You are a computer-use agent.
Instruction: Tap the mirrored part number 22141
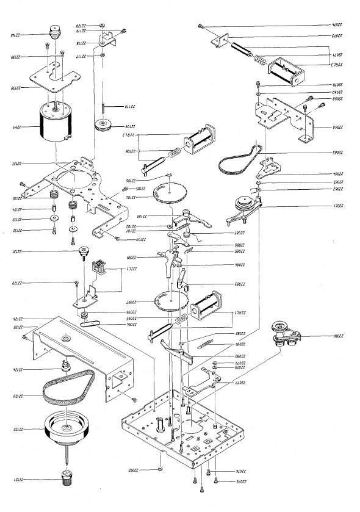[x=13, y=128]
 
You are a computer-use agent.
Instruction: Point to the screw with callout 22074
[x=201, y=26]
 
